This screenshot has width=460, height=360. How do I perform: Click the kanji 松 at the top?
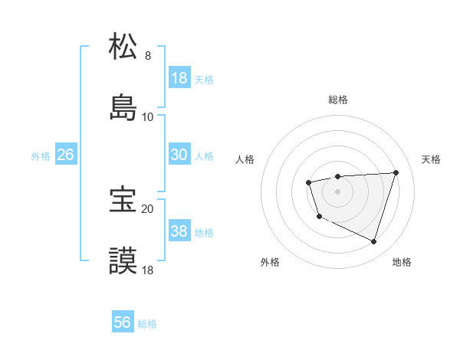point(123,47)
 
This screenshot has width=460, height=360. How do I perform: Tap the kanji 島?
point(123,108)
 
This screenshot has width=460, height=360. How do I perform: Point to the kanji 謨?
point(123,260)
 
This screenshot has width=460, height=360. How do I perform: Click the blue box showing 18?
point(179,78)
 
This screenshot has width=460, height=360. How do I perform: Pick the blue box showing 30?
point(179,155)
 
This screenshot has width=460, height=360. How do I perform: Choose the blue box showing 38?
point(179,231)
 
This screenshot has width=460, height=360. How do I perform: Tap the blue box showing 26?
point(65,155)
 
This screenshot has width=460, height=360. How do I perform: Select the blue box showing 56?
point(122,322)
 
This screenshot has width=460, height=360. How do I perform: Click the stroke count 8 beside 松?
point(148,55)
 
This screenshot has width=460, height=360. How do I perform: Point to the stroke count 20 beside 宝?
point(147,208)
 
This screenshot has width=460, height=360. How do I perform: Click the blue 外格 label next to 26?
point(41,155)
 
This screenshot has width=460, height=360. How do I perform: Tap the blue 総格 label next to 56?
point(147,324)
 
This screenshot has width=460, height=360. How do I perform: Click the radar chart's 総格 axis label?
point(337,100)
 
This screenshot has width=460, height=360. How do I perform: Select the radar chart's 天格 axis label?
point(432,159)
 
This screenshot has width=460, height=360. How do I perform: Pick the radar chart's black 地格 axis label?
point(402,262)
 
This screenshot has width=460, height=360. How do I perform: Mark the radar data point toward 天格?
point(396,172)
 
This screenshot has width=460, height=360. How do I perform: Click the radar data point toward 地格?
point(373,241)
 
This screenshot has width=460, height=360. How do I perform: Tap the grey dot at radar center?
point(337,191)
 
